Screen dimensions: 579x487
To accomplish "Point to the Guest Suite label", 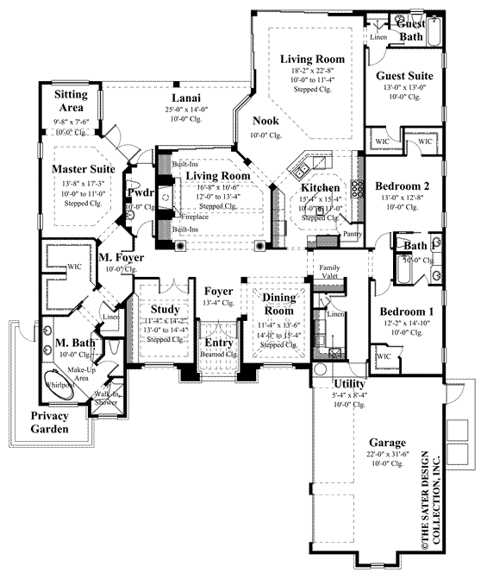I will tap(404, 75).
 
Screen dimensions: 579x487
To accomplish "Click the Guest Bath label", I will tap(409, 30).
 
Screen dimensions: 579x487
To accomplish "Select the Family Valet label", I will tap(330, 272).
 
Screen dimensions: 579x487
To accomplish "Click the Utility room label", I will tap(350, 383).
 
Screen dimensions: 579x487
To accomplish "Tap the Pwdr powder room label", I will tap(140, 192).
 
